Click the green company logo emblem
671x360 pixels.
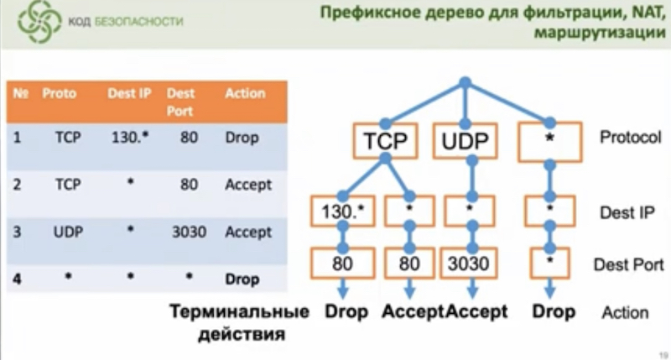click(x=39, y=23)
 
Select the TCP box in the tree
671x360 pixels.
click(x=385, y=141)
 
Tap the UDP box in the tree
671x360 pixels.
click(x=465, y=141)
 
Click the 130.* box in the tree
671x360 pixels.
click(x=343, y=211)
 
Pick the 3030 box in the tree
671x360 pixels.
click(x=469, y=263)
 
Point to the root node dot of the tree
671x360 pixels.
click(x=466, y=82)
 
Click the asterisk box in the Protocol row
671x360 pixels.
click(x=550, y=142)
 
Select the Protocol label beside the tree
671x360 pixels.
click(x=631, y=137)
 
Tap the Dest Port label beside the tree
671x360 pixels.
click(x=628, y=265)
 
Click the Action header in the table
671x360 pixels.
click(x=245, y=93)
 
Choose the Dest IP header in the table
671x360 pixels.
click(x=129, y=93)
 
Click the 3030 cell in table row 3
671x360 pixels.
click(x=190, y=232)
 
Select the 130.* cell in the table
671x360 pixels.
click(x=130, y=138)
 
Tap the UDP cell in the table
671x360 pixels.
click(x=68, y=232)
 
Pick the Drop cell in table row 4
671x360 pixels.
click(x=242, y=279)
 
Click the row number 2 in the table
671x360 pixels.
click(x=17, y=185)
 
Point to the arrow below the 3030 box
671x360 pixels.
click(x=472, y=289)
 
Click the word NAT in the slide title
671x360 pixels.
click(x=646, y=13)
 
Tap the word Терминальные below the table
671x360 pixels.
click(x=240, y=311)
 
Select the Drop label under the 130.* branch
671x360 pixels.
click(x=346, y=311)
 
